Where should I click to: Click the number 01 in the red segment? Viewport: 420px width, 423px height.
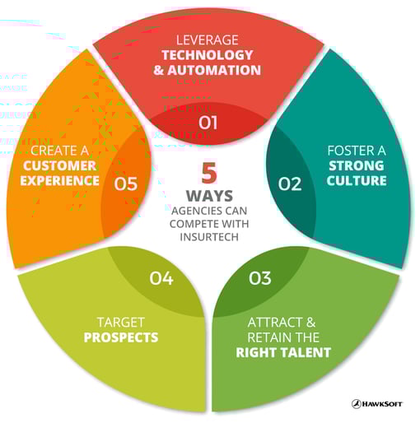pyautogui.click(x=208, y=123)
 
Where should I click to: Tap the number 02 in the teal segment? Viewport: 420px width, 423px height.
pyautogui.click(x=290, y=184)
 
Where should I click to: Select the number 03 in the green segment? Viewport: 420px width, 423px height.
pyautogui.click(x=260, y=278)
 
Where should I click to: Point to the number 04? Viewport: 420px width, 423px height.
pyautogui.click(x=161, y=278)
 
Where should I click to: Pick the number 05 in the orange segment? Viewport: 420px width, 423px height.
pyautogui.click(x=126, y=184)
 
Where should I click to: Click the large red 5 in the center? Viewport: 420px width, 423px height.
pyautogui.click(x=209, y=173)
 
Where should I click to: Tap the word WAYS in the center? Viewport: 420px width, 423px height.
pyautogui.click(x=209, y=196)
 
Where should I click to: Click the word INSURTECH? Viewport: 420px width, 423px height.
pyautogui.click(x=209, y=237)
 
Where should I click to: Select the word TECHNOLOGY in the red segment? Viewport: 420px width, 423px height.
pyautogui.click(x=208, y=55)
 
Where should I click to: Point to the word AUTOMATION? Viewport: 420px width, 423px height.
pyautogui.click(x=214, y=70)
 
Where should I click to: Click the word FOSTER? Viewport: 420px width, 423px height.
pyautogui.click(x=348, y=151)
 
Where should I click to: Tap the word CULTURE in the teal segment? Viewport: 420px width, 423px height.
pyautogui.click(x=357, y=181)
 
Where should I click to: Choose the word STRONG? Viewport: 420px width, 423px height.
pyautogui.click(x=357, y=165)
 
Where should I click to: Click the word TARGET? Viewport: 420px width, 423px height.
pyautogui.click(x=121, y=323)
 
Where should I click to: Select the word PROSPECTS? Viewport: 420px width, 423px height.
pyautogui.click(x=121, y=337)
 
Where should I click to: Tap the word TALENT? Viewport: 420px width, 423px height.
pyautogui.click(x=307, y=352)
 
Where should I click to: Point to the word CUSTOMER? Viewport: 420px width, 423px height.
pyautogui.click(x=59, y=165)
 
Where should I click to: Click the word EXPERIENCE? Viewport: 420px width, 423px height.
pyautogui.click(x=59, y=181)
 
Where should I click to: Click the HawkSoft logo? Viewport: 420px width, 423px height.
pyautogui.click(x=377, y=404)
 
